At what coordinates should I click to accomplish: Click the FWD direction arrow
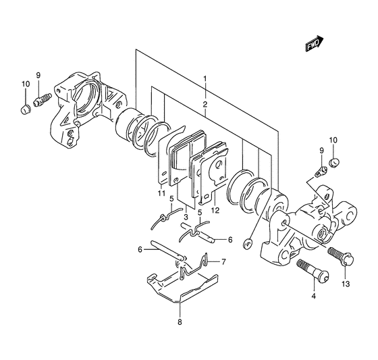(315, 43)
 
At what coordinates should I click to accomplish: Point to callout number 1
(205, 79)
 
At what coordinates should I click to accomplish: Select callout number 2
(205, 105)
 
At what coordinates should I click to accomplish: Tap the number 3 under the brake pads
(186, 217)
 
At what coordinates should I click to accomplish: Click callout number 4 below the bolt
(313, 296)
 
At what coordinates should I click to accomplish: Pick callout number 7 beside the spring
(223, 262)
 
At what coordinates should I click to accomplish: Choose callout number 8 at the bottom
(180, 322)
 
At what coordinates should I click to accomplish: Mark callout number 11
(161, 193)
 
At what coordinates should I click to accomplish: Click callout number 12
(215, 211)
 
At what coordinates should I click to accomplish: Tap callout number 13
(346, 284)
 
